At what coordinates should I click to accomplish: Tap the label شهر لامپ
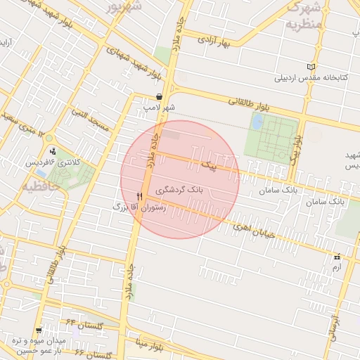(x=160, y=108)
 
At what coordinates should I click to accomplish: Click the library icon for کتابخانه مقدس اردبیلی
(x=311, y=67)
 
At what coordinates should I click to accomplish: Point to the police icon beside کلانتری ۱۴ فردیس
(x=53, y=151)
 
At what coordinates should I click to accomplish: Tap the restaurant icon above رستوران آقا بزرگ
(x=139, y=196)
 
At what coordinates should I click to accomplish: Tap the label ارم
(x=337, y=267)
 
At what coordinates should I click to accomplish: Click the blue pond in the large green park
(x=257, y=122)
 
